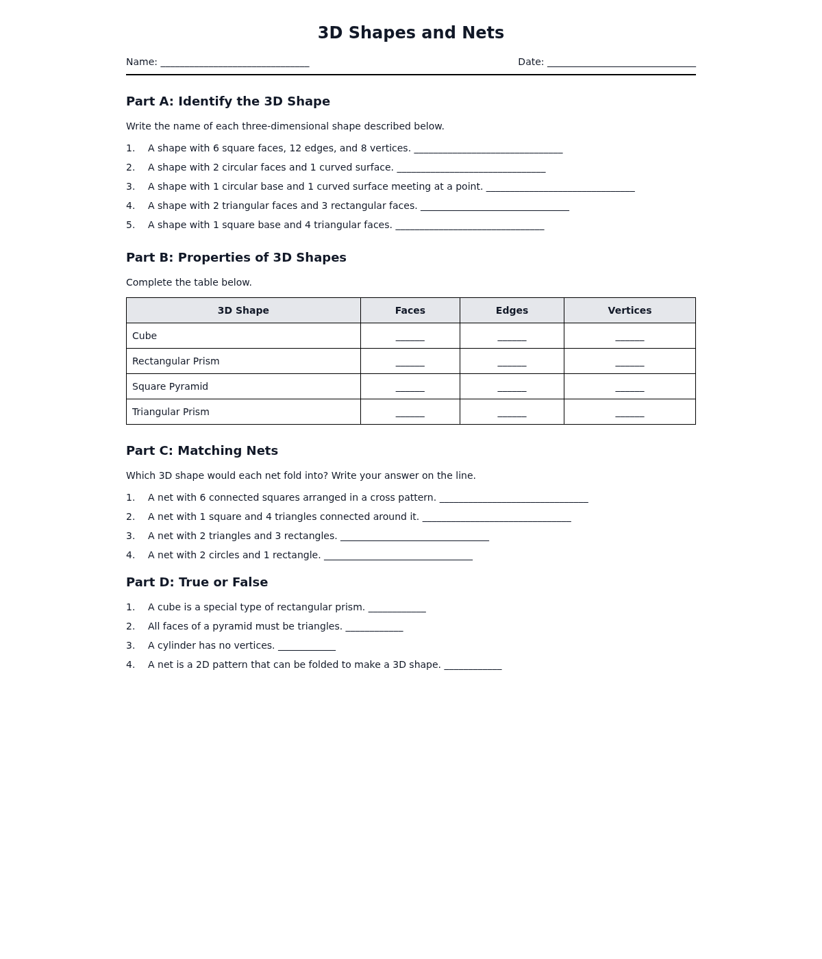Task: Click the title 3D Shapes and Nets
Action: (411, 33)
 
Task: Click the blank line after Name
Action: (235, 63)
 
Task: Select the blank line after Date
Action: (621, 63)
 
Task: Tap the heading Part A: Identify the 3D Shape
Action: (228, 101)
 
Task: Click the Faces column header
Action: (410, 310)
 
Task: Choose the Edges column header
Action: (512, 310)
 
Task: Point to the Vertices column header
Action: (630, 310)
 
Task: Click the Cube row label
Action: (145, 336)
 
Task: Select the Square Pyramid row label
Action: (170, 386)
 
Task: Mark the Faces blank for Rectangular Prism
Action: (410, 363)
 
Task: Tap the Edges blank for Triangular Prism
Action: (512, 414)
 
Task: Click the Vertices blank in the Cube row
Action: (630, 338)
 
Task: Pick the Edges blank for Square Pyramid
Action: (512, 388)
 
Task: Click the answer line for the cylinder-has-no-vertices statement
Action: (307, 647)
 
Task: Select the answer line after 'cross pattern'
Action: (514, 499)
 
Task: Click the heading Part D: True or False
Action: (197, 582)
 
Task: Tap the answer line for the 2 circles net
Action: (398, 556)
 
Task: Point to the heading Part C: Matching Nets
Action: (202, 451)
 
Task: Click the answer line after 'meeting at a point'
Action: (560, 188)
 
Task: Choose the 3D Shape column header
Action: (243, 310)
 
